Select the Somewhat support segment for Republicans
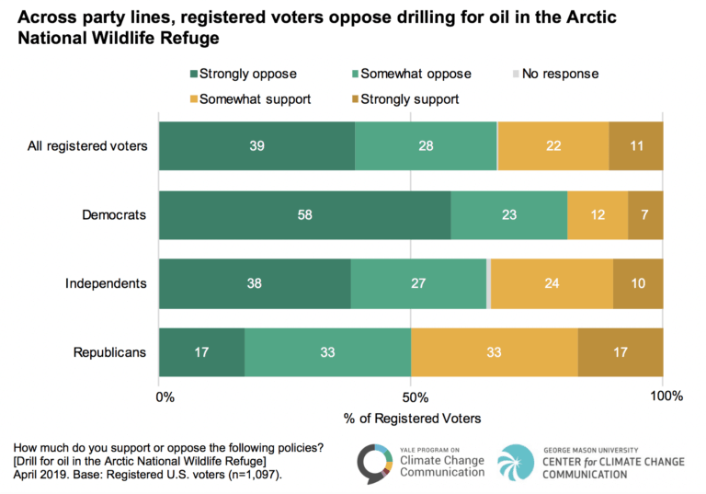coord(494,351)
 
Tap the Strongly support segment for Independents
coord(638,282)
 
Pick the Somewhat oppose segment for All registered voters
coord(426,145)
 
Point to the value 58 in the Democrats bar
coord(303,214)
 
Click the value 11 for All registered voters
coord(635,145)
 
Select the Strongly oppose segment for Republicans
coord(201,351)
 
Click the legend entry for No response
coord(559,74)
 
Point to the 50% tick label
coord(414,397)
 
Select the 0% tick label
coord(165,397)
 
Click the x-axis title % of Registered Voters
coord(412,419)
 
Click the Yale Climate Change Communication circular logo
coord(374,461)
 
